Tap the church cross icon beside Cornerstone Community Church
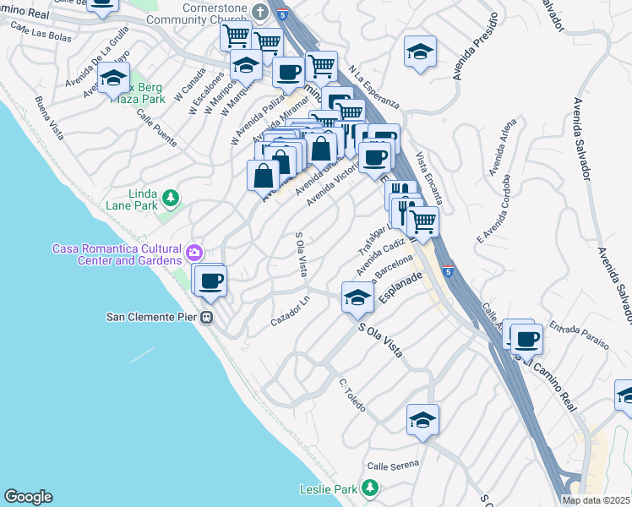click(260, 13)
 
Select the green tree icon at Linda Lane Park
click(172, 198)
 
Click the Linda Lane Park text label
click(132, 199)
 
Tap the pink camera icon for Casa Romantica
click(195, 252)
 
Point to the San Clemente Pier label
click(151, 318)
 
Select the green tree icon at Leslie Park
click(369, 488)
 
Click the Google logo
click(28, 497)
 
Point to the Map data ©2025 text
click(596, 500)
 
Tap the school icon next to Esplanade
click(358, 297)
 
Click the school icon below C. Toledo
click(422, 419)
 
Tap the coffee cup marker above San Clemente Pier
click(210, 280)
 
